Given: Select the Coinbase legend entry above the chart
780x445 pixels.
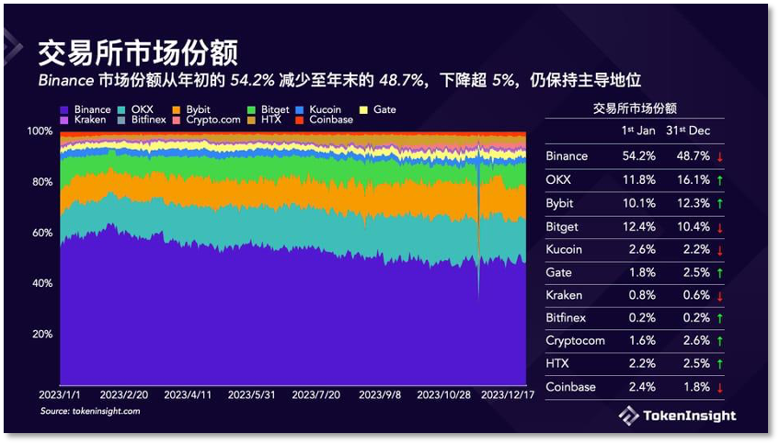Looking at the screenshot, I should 330,120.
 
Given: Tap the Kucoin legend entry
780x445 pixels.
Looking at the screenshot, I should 325,109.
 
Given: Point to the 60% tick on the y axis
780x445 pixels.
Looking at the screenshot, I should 40,233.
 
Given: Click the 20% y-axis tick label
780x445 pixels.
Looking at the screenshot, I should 40,334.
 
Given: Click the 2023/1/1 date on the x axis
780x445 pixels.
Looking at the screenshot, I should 59,394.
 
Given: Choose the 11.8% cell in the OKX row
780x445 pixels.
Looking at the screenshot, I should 638,179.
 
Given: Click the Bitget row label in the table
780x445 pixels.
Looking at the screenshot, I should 563,226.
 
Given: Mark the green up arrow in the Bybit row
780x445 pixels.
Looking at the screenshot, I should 717,202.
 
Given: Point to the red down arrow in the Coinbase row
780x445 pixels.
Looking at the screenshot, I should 717,387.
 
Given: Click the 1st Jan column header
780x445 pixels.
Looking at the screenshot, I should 638,131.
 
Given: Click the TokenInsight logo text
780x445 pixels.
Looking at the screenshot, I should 692,416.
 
